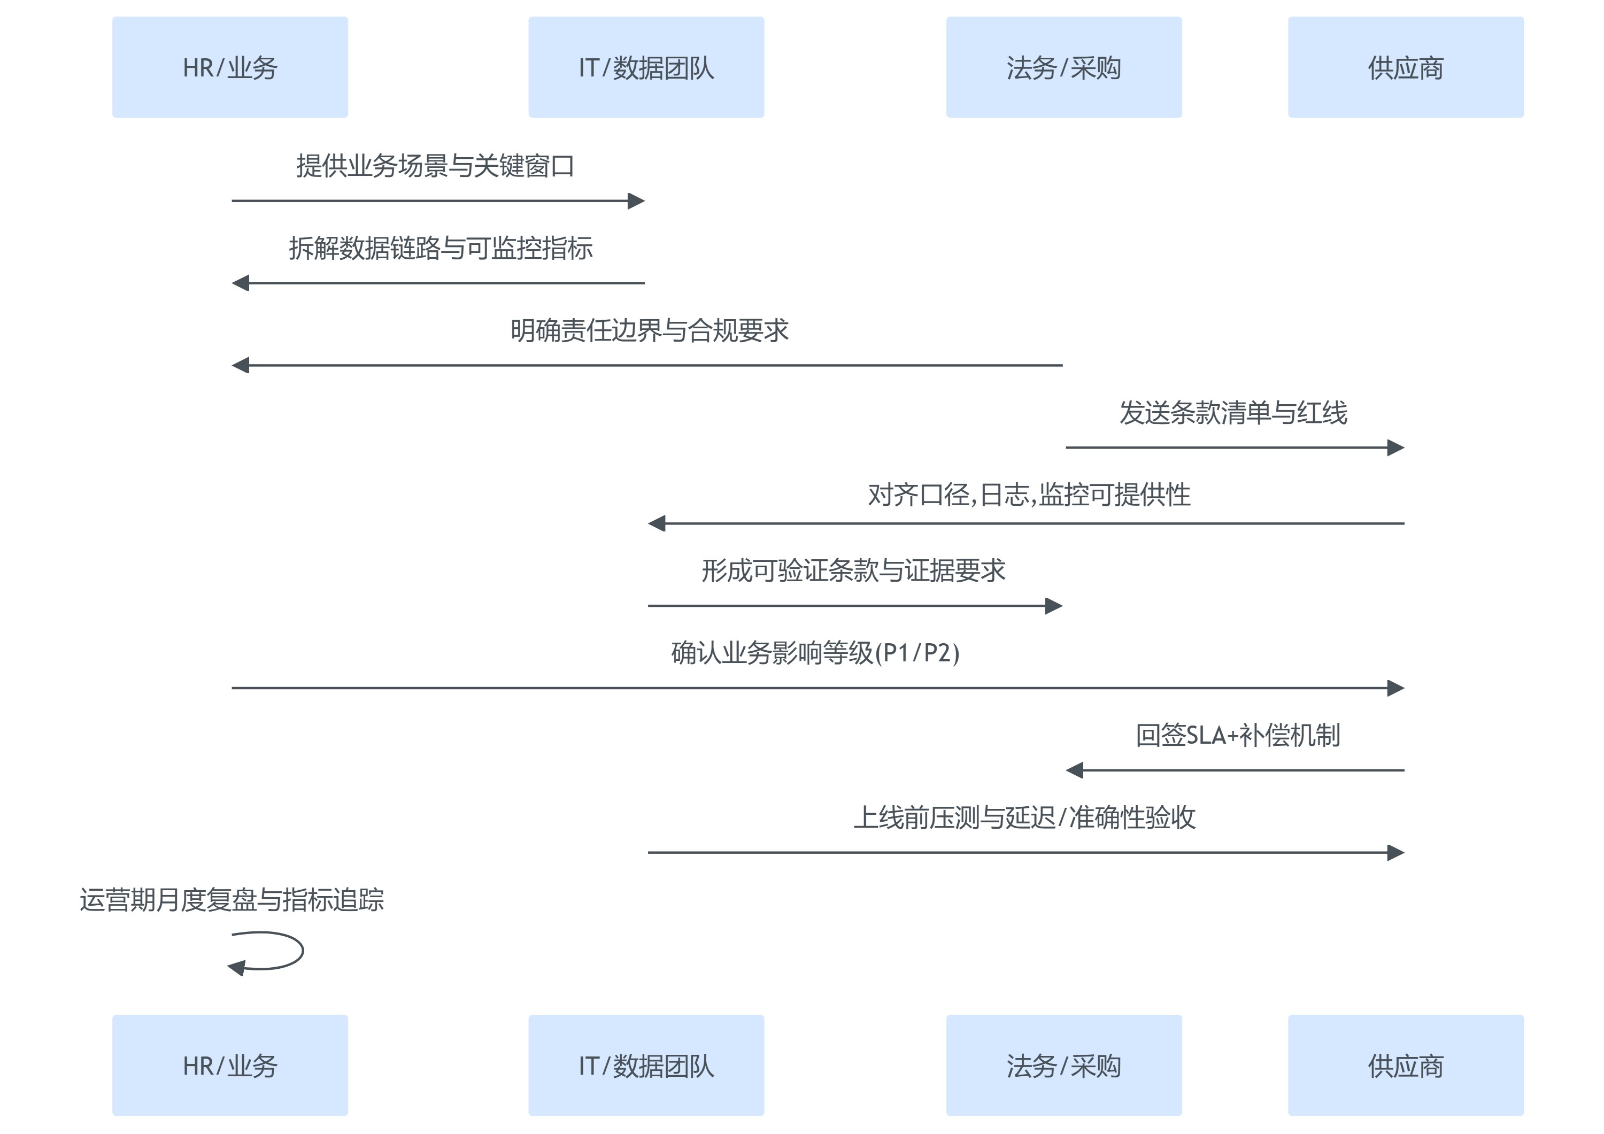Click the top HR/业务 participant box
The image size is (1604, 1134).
click(230, 67)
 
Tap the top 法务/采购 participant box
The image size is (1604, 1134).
click(1063, 67)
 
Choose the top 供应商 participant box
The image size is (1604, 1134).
click(1405, 67)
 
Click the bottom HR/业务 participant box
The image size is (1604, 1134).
click(230, 1065)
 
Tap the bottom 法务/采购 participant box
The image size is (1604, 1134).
click(1063, 1065)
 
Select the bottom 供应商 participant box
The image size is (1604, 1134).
click(1405, 1065)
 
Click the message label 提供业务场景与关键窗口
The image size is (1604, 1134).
click(435, 166)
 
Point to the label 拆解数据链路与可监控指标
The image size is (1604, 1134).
click(441, 248)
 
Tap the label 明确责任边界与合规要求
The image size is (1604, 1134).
click(649, 330)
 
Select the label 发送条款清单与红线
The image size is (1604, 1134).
click(1233, 413)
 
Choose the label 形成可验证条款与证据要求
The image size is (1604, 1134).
click(853, 571)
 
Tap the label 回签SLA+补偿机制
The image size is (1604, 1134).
click(1237, 736)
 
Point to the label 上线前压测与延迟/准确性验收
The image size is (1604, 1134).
click(1024, 817)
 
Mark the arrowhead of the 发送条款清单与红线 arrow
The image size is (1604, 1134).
click(1396, 448)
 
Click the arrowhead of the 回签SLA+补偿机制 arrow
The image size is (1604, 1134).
click(1075, 770)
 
